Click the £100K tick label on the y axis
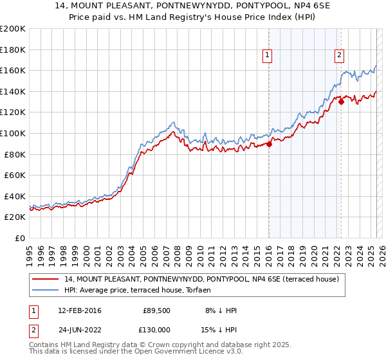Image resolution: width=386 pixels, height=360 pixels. pos(13,133)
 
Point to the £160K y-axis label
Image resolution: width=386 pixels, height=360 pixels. pos(13,70)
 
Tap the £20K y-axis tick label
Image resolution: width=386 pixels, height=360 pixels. pos(15,217)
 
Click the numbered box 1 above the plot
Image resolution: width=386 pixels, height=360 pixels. pos(266,56)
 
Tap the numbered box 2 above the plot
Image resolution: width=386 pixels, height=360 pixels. pos(339,56)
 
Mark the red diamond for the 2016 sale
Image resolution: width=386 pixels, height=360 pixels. pos(269,145)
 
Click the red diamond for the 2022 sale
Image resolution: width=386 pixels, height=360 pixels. pos(341,102)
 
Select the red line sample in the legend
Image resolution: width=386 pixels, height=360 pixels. pos(46,279)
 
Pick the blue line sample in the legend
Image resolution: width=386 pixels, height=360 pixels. pos(46,290)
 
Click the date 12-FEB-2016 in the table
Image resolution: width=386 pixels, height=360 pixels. pos(79,310)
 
